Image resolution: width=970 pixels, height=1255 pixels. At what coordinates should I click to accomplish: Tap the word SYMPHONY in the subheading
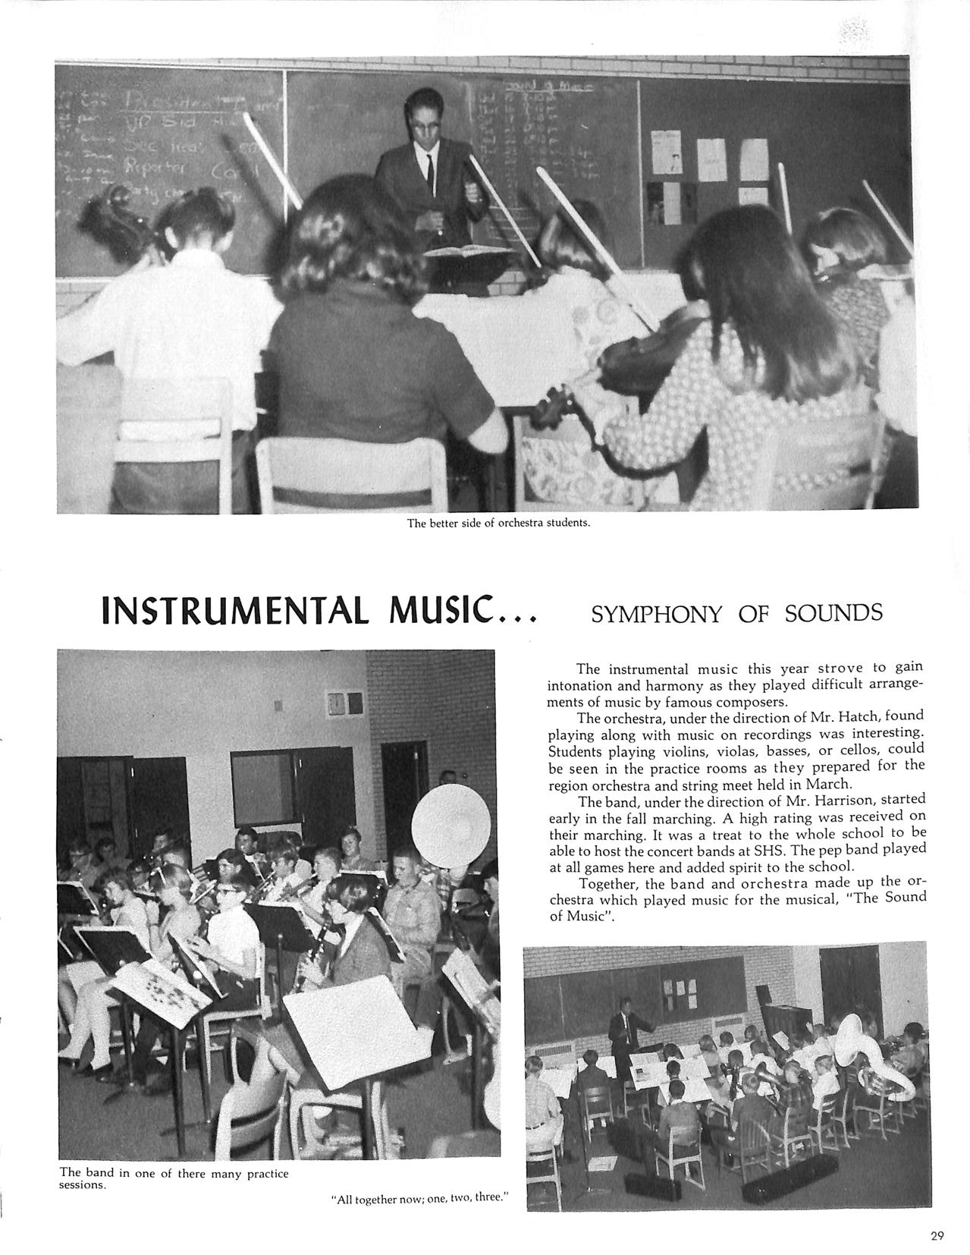[x=656, y=614]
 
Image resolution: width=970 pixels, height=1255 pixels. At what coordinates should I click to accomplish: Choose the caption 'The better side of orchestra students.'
[x=498, y=523]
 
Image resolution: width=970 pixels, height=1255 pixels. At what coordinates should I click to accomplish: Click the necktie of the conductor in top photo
[x=429, y=172]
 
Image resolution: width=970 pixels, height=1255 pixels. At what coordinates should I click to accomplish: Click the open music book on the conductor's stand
[x=466, y=250]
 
